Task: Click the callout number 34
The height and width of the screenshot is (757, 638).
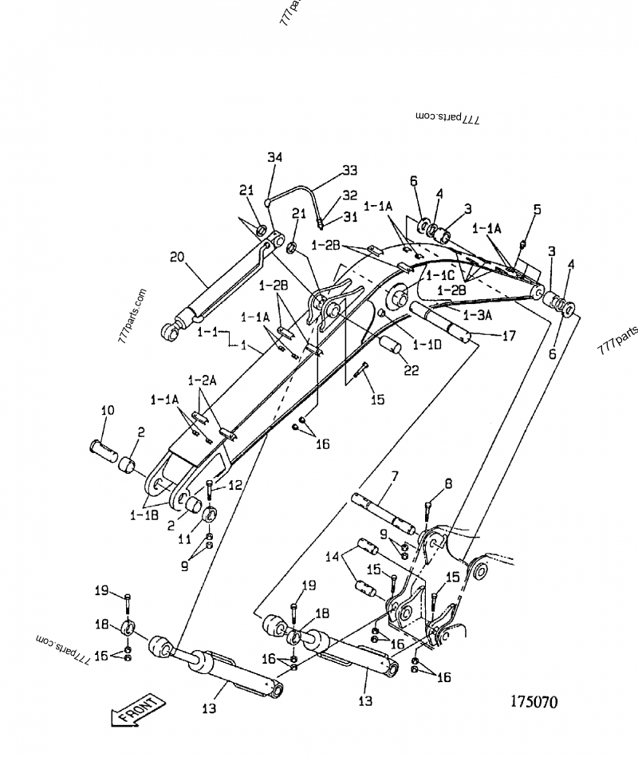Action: tap(274, 157)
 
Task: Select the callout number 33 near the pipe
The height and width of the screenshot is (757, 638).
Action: tap(349, 170)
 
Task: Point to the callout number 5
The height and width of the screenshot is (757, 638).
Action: tap(537, 210)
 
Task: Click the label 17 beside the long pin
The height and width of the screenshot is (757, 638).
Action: tap(508, 336)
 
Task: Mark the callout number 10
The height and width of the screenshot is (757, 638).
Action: tap(107, 410)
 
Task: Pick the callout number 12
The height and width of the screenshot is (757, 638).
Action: tap(235, 484)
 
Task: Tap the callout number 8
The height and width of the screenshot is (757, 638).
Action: tap(448, 483)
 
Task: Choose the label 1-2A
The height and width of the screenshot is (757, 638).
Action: tap(203, 381)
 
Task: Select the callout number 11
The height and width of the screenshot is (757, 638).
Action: tap(183, 539)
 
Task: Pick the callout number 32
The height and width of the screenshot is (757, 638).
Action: tap(349, 195)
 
